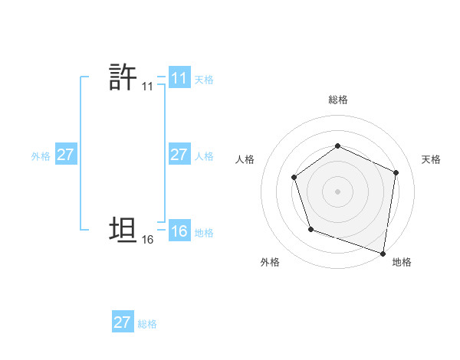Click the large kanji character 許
[x=123, y=77]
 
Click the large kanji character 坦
[x=123, y=230]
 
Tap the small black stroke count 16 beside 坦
[x=147, y=240]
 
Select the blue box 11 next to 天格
[x=179, y=78]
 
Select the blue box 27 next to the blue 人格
[x=179, y=155]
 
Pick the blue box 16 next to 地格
[x=179, y=231]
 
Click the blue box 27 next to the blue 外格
[x=65, y=155]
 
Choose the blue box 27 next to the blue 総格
[x=123, y=322]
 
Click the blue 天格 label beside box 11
[x=204, y=79]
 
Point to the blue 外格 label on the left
[x=41, y=155]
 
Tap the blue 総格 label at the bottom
[x=147, y=323]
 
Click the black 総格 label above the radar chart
[x=338, y=100]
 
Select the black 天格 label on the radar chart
[x=432, y=159]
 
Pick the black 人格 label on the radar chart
[x=245, y=159]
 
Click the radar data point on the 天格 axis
[x=396, y=172]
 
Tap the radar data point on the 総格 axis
[x=337, y=146]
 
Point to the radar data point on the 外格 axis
[x=310, y=229]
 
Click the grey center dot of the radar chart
[x=337, y=191]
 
